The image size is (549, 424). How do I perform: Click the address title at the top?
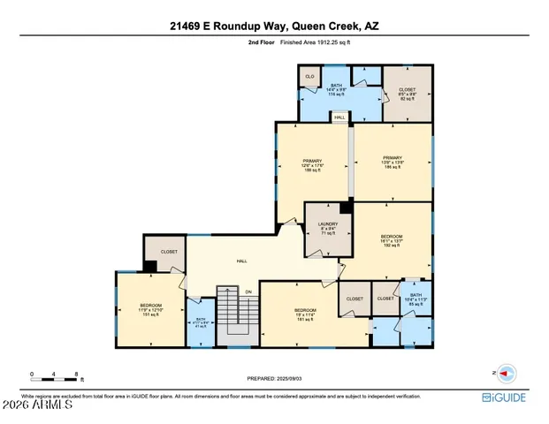[274, 26]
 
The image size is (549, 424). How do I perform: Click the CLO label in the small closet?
[309, 77]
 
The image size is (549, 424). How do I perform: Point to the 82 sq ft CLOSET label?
[408, 93]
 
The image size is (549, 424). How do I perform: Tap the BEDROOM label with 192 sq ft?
[392, 241]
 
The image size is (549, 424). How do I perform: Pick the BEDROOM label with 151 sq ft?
[149, 310]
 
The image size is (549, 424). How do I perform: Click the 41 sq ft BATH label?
[200, 322]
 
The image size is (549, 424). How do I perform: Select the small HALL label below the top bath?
[339, 116]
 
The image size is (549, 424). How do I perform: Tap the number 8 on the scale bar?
[79, 374]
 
